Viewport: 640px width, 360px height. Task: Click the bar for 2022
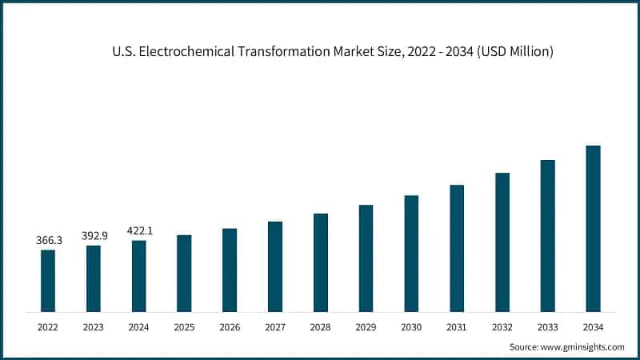pyautogui.click(x=48, y=281)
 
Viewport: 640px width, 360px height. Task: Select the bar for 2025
pyautogui.click(x=184, y=273)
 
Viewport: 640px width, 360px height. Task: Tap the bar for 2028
pyautogui.click(x=320, y=262)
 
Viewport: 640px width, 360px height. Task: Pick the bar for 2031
pyautogui.click(x=457, y=248)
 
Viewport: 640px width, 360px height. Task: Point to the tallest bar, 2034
pyautogui.click(x=593, y=229)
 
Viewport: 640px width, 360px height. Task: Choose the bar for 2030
pyautogui.click(x=411, y=254)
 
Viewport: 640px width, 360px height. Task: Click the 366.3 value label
pyautogui.click(x=48, y=240)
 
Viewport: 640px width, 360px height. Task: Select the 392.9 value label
pyautogui.click(x=94, y=236)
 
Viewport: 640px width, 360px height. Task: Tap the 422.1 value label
pyautogui.click(x=139, y=230)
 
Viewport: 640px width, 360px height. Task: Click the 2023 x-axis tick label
pyautogui.click(x=94, y=327)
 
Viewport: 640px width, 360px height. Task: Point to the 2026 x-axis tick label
pyautogui.click(x=230, y=327)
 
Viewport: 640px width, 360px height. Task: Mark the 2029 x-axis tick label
pyautogui.click(x=366, y=327)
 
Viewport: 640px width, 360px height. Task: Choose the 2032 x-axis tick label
pyautogui.click(x=502, y=327)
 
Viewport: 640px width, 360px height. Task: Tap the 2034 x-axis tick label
pyautogui.click(x=593, y=327)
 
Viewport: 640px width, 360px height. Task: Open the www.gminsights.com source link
pyautogui.click(x=581, y=346)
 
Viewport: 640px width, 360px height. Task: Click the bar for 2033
pyautogui.click(x=547, y=236)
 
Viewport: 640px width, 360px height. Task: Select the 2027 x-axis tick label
pyautogui.click(x=275, y=327)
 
